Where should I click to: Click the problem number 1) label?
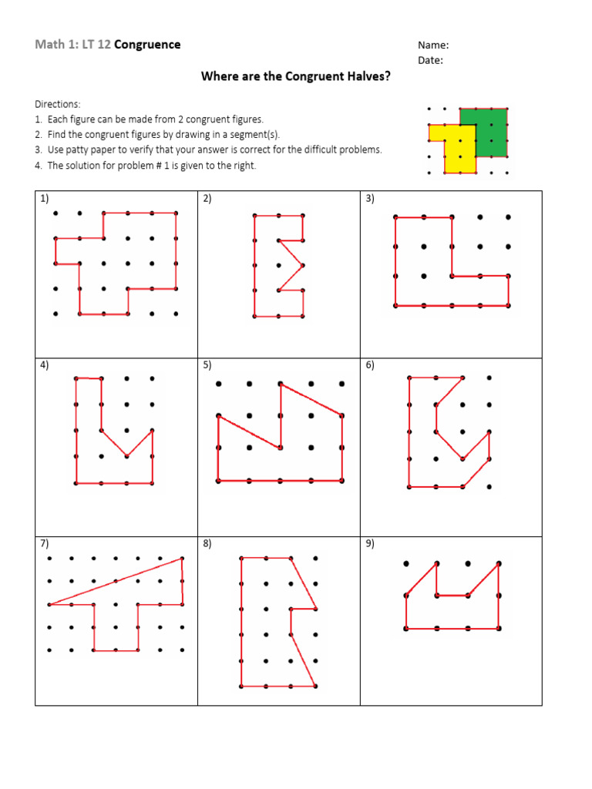tap(45, 199)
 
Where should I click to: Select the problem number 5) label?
tap(207, 365)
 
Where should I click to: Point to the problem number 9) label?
tap(370, 543)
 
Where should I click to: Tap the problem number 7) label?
tap(45, 543)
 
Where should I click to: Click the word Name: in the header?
tap(433, 45)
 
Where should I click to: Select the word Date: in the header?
tap(431, 61)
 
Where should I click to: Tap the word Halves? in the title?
tap(365, 76)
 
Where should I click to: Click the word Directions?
tap(57, 104)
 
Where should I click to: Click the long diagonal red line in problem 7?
tap(116, 581)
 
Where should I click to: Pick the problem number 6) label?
tap(370, 365)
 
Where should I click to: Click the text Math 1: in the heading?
tap(53, 45)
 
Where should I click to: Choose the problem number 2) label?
tap(207, 199)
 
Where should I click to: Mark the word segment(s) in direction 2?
tap(258, 135)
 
